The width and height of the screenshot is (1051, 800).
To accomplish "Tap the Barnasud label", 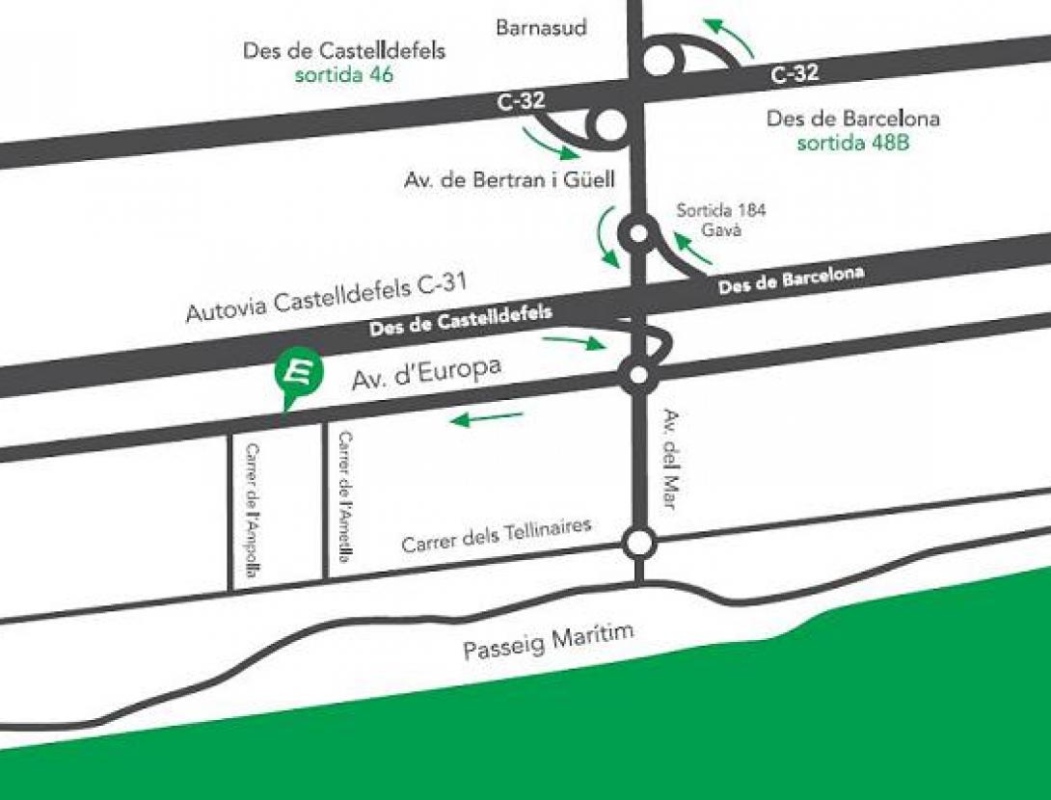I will tap(540, 28).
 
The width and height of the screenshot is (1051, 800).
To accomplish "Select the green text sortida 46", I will tap(343, 75).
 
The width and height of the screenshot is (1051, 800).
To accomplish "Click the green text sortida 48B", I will tap(853, 144).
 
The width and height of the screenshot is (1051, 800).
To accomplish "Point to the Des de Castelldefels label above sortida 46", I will tap(344, 51).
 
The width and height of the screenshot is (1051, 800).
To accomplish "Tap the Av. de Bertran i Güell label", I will tap(509, 179).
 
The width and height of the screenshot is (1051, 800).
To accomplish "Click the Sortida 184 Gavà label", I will tap(720, 221).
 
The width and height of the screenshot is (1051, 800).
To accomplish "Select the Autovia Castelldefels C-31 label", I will tap(326, 297).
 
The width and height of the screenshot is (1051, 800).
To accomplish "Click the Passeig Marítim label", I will tap(549, 642).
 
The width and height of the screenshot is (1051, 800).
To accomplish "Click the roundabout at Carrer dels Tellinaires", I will tap(637, 543).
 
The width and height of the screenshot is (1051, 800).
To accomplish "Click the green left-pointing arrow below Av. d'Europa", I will tap(488, 417).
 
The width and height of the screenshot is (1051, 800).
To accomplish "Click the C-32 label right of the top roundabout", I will tap(794, 72).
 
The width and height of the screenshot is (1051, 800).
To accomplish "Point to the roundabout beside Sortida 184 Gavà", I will tap(637, 232).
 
